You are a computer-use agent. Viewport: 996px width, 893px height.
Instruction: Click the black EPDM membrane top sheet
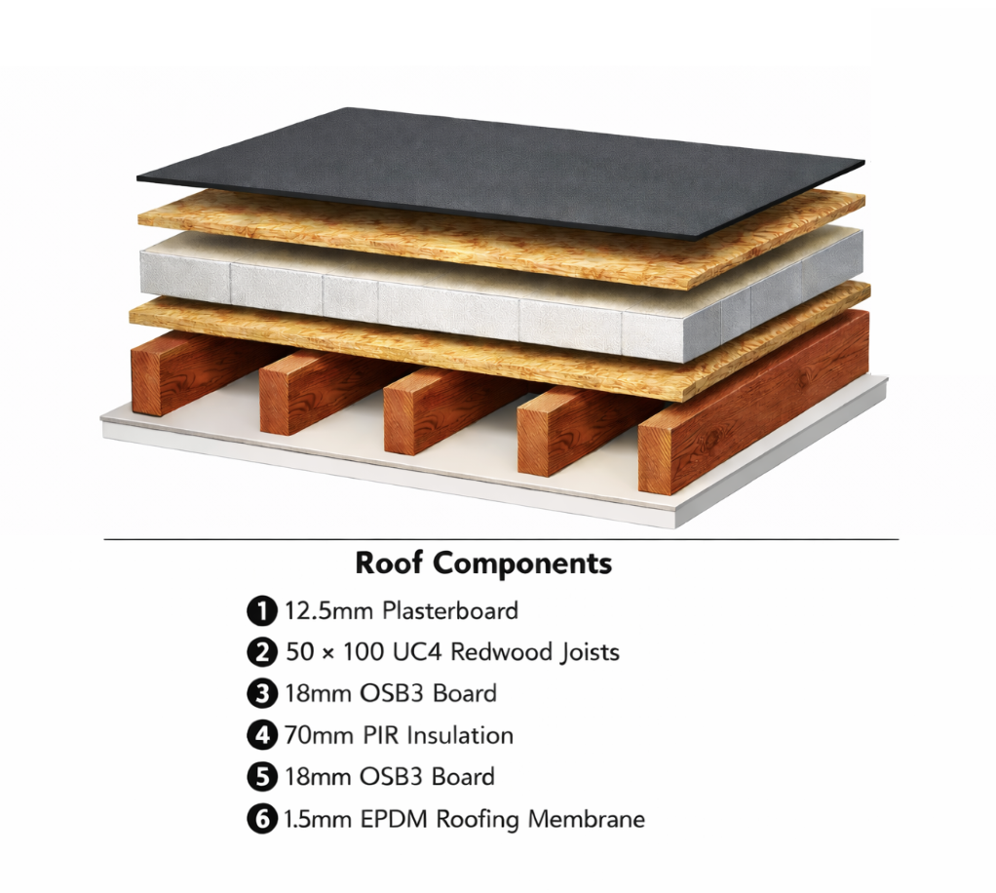click(502, 172)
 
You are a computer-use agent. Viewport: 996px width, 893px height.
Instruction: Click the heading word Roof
click(389, 563)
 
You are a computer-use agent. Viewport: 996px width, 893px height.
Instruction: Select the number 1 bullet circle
click(262, 611)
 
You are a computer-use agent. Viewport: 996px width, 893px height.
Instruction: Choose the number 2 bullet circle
click(262, 653)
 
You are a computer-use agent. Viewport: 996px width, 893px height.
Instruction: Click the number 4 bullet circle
click(262, 735)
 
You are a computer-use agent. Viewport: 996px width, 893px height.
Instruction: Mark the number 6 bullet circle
click(262, 819)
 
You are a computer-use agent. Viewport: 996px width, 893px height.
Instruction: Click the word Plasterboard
click(450, 611)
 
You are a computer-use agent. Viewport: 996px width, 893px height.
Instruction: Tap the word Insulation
click(460, 735)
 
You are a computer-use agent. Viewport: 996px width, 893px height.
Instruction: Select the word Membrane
click(587, 819)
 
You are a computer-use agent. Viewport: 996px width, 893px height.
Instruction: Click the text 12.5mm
click(329, 611)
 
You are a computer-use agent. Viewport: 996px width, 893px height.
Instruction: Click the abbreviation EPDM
click(394, 819)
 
